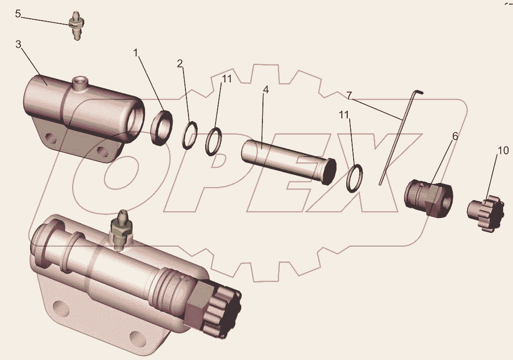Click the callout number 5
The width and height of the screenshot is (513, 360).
click(18, 14)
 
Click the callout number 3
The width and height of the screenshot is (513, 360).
click(19, 44)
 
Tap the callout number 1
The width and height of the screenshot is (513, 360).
click(136, 52)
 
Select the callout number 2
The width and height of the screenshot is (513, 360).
click(180, 64)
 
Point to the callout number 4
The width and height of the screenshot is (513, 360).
click(266, 90)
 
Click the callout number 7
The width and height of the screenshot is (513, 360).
click(349, 96)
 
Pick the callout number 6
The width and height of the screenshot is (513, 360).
click(455, 136)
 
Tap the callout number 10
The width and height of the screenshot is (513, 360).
click(503, 150)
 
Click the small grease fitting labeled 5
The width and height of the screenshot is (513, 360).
click(76, 26)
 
